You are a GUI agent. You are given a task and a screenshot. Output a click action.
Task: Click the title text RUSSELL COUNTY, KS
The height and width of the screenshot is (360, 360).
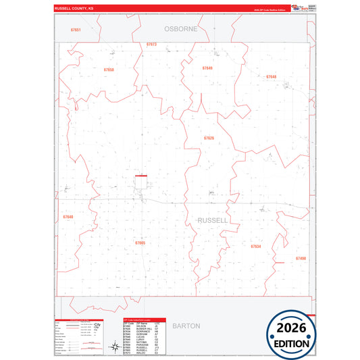(x=74, y=9)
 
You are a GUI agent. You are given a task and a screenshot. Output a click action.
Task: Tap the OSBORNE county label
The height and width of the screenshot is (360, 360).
(x=180, y=29)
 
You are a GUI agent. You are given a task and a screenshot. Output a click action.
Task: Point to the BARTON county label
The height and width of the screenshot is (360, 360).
(x=186, y=326)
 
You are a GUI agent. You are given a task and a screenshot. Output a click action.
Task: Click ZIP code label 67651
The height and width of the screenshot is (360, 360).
(x=76, y=30)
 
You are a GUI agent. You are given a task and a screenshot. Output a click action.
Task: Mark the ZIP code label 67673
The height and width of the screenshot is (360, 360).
(x=151, y=44)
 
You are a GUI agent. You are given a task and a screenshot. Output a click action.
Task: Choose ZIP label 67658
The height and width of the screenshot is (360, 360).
(x=109, y=70)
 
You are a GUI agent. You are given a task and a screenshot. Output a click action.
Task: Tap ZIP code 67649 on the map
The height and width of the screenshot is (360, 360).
(x=207, y=68)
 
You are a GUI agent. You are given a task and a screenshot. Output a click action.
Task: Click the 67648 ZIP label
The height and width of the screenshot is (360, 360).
(x=271, y=77)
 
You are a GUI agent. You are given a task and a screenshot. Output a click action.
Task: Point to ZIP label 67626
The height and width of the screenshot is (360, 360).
(x=209, y=138)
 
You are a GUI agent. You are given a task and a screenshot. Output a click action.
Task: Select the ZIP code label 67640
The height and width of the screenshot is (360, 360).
(x=68, y=217)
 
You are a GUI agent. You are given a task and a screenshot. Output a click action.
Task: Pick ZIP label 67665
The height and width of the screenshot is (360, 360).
(x=140, y=242)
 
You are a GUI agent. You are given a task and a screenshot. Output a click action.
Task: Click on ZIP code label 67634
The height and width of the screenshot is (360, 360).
(x=255, y=247)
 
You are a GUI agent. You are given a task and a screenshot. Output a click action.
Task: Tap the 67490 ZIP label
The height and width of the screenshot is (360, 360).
(x=301, y=259)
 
